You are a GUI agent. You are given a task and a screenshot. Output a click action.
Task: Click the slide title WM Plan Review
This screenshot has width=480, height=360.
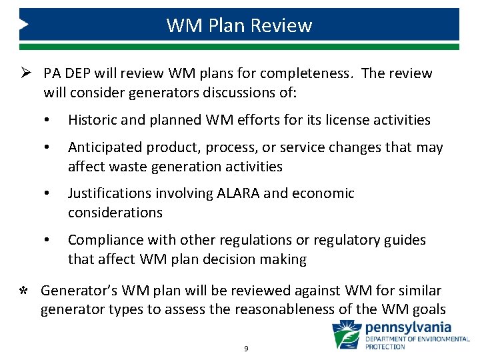239,25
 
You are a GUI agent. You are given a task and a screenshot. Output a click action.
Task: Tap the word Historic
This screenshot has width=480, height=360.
95,120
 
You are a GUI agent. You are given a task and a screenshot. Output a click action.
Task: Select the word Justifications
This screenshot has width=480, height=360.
111,193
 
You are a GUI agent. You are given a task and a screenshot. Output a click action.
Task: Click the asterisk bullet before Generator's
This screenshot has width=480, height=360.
24,291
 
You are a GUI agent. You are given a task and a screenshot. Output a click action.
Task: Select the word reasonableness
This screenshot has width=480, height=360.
323,309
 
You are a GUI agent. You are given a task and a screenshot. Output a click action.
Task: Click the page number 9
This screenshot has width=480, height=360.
246,349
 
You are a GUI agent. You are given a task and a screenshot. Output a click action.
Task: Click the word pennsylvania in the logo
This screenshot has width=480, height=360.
408,328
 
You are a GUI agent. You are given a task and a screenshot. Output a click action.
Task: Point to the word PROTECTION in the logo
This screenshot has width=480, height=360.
385,347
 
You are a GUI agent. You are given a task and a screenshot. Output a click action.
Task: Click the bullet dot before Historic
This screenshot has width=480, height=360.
48,121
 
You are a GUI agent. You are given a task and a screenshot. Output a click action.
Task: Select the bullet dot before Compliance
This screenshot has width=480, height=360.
48,241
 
